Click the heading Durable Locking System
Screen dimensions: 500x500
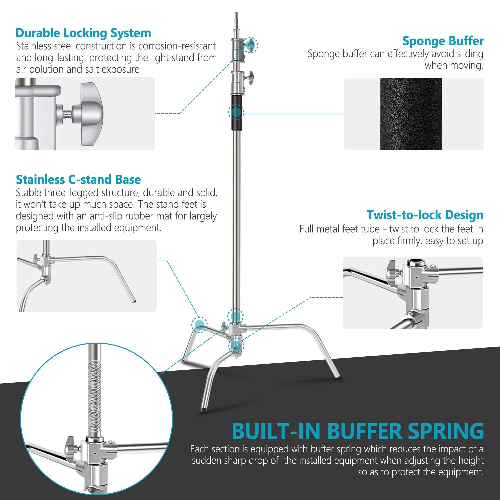83,33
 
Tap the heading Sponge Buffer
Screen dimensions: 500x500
443,41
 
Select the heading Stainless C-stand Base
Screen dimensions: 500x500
78,180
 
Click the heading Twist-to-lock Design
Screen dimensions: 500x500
425,215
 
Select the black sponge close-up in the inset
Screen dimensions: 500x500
411,114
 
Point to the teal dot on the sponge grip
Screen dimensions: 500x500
236,112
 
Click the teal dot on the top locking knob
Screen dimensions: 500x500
251,45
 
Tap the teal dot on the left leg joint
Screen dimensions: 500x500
199,324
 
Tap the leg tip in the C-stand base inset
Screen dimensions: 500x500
134,301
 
